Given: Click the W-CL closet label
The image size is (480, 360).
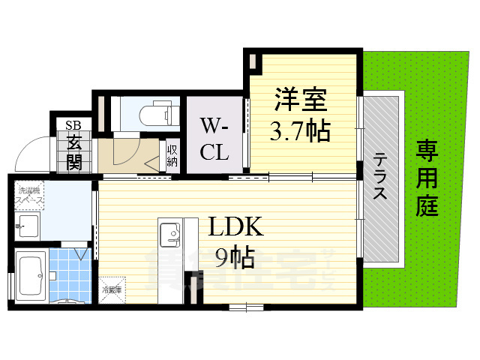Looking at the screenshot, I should tap(214, 137).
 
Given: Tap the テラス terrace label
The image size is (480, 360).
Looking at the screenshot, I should tap(380, 176).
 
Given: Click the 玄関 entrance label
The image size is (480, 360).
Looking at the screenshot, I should tap(74, 151).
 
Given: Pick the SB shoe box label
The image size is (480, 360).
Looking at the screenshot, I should tap(73, 125).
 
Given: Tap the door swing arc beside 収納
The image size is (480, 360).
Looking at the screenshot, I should tap(120, 155).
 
